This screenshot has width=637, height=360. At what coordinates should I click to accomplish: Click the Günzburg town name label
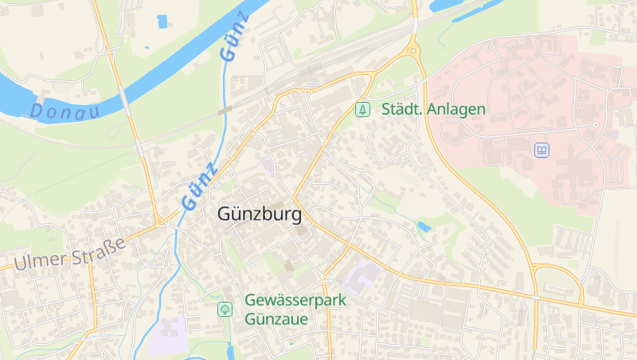point(260,215)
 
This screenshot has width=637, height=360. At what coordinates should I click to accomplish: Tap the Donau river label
point(64,110)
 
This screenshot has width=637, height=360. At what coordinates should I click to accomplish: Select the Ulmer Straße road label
point(70,253)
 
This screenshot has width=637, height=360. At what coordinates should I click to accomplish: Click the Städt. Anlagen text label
point(433,109)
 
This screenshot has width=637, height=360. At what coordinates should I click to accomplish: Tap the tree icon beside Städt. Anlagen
point(363,109)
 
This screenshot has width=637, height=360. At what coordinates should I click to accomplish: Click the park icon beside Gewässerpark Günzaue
point(225,308)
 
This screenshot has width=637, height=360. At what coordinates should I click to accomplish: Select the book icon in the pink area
point(541,150)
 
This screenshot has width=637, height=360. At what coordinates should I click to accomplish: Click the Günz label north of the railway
point(235,38)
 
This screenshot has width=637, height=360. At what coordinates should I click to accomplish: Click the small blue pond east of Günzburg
point(424,227)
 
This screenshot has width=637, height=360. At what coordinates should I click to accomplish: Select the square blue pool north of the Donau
point(162,22)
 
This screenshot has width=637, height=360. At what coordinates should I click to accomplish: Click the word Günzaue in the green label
point(276,319)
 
